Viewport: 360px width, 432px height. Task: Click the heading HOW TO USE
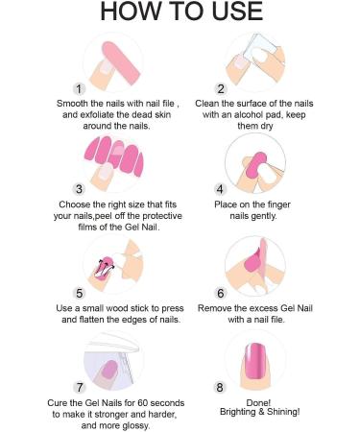click(181, 12)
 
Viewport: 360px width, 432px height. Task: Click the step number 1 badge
click(79, 88)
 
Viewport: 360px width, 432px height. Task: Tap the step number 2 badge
click(221, 88)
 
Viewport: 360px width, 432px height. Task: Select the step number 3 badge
click(79, 189)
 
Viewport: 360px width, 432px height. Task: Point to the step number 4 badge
click(220, 189)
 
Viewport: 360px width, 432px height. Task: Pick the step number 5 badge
click(79, 293)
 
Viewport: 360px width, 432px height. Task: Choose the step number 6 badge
click(221, 293)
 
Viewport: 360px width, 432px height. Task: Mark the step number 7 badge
click(79, 388)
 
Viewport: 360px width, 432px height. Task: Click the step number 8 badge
click(220, 388)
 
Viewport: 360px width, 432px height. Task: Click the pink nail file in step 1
click(122, 63)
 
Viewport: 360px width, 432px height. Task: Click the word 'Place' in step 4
click(224, 204)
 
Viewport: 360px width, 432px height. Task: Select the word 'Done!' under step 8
click(258, 403)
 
